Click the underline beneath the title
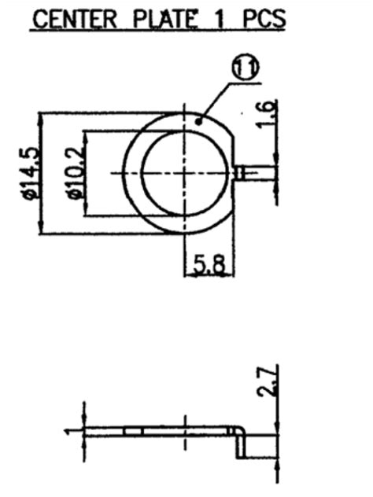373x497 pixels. [157, 31]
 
